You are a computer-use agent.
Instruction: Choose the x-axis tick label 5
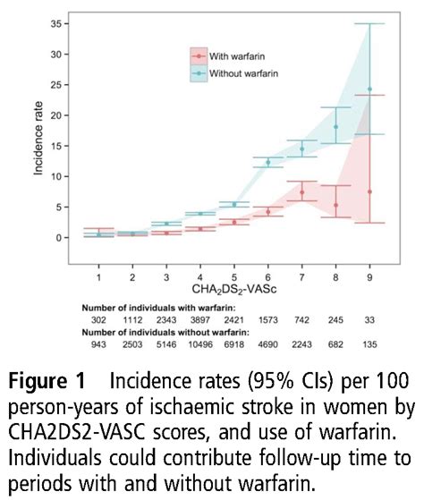click(233, 267)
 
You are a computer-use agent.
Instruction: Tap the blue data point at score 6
click(267, 162)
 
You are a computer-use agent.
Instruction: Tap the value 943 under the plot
click(99, 345)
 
